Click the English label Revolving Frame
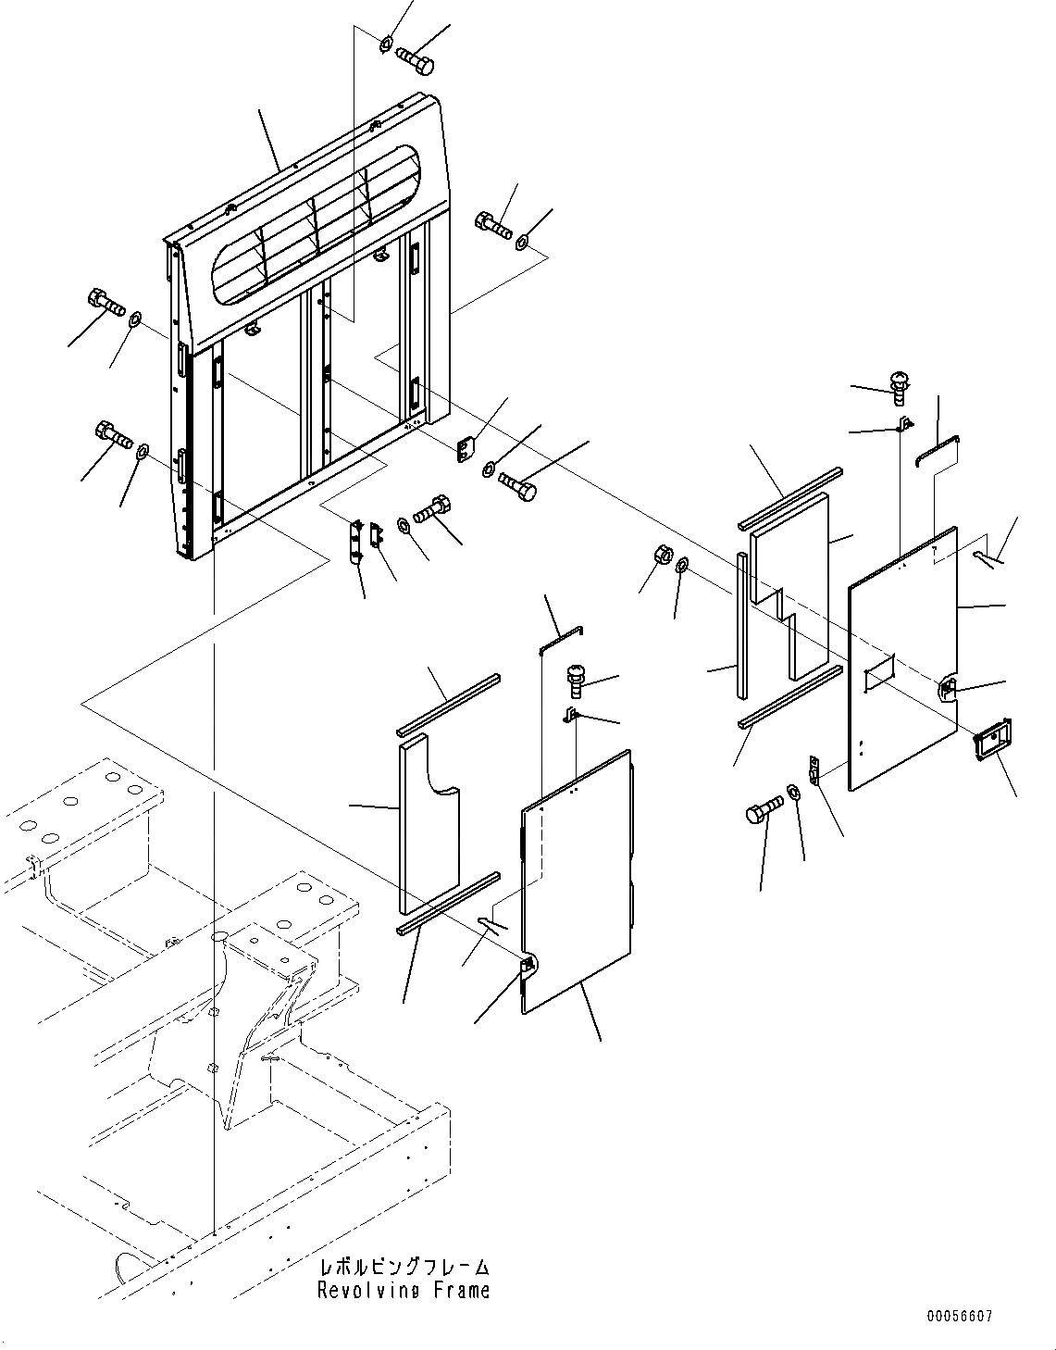pos(404,1291)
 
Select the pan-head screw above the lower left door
pos(578,681)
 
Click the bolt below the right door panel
pos(765,815)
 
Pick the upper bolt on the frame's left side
pos(107,303)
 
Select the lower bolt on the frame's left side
pos(113,433)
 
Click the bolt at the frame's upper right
pos(493,224)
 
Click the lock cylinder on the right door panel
pos(950,686)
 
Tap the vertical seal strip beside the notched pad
pos(742,625)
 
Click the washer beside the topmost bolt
pos(387,43)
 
